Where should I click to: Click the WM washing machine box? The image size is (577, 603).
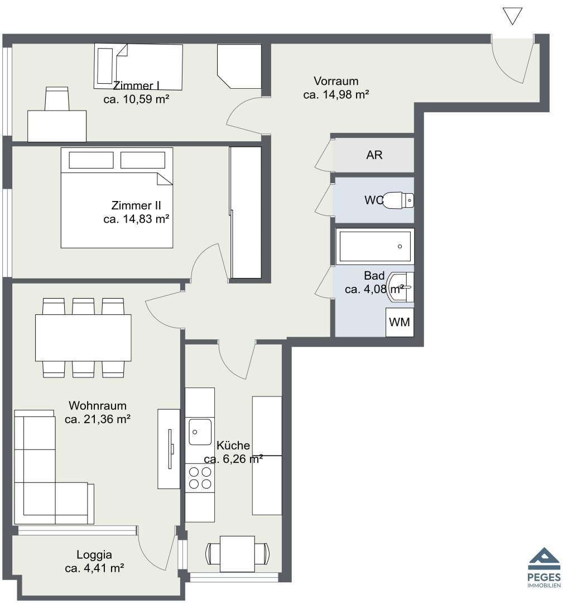(x=400, y=322)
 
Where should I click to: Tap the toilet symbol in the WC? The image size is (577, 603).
(x=398, y=200)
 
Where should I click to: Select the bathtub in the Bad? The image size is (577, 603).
(x=375, y=247)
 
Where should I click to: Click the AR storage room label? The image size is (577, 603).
(x=374, y=155)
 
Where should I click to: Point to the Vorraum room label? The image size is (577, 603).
(x=336, y=81)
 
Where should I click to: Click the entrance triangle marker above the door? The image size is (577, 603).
(x=512, y=17)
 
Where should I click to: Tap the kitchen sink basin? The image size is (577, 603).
(x=200, y=432)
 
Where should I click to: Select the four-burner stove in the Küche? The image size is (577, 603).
(x=200, y=478)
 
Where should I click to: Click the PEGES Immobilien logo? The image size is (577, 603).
(x=544, y=567)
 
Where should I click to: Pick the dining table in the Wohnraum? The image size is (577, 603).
(x=83, y=338)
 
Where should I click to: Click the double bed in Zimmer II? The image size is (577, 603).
(x=117, y=198)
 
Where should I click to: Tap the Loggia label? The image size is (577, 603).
(x=94, y=554)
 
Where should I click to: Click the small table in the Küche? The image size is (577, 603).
(x=237, y=554)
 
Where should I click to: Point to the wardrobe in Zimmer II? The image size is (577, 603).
(x=246, y=212)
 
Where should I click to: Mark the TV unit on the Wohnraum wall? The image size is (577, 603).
(x=169, y=449)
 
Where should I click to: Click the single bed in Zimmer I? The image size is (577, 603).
(x=138, y=66)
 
